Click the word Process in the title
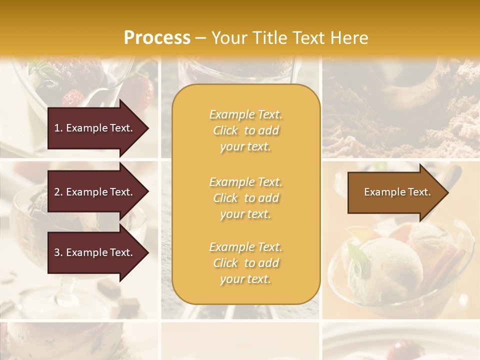pos(157,38)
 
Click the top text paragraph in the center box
pos(245,130)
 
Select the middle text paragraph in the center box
pos(245,198)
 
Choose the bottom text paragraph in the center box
pos(245,263)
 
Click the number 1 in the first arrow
pos(57,128)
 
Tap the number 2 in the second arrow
pos(57,192)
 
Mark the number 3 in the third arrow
pos(57,252)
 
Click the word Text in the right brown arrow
pos(419,192)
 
